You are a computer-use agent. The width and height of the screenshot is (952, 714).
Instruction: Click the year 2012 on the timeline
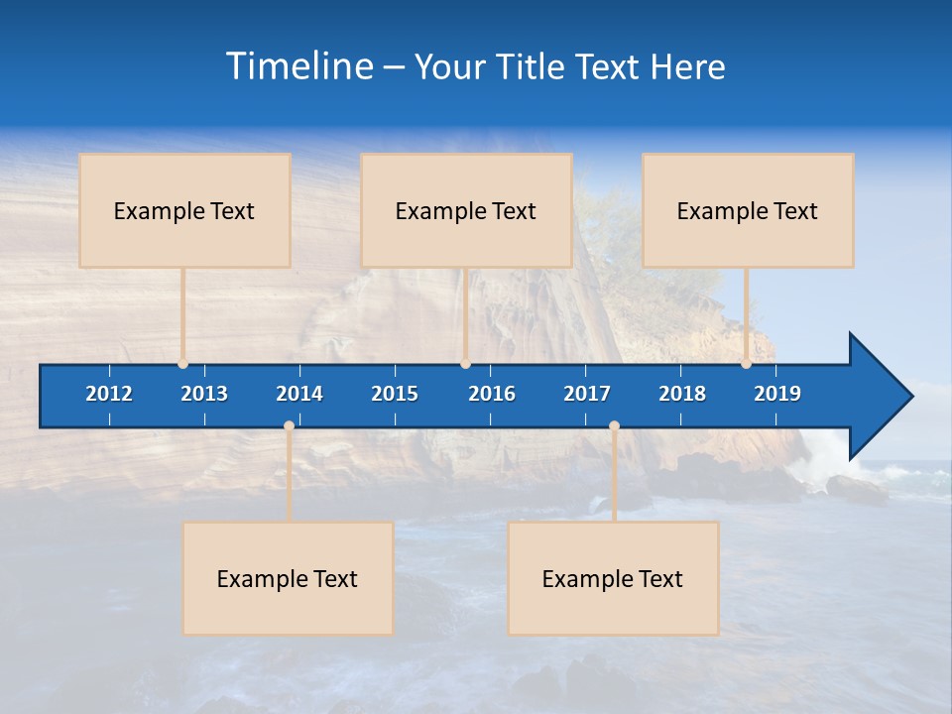tap(109, 394)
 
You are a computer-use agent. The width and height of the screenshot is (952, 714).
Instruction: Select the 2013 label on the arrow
tap(204, 394)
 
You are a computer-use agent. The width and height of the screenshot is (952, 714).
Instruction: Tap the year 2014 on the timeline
tap(299, 394)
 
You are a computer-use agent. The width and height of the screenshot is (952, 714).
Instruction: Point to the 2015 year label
tap(395, 394)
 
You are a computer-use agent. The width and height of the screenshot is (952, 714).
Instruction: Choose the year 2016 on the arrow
tap(492, 394)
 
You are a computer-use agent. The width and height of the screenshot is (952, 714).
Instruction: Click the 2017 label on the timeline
tap(587, 394)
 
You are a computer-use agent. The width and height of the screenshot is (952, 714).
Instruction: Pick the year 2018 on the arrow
tap(682, 394)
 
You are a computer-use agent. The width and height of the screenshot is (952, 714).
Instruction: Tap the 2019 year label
tap(777, 394)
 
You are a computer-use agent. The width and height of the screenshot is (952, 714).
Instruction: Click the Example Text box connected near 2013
tap(184, 210)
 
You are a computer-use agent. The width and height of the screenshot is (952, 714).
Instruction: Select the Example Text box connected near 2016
tap(466, 210)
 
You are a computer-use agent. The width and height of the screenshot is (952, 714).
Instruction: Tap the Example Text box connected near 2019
tap(748, 210)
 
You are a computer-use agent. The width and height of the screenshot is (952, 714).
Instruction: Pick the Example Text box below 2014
tap(288, 578)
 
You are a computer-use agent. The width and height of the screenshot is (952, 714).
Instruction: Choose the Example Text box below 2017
tap(613, 578)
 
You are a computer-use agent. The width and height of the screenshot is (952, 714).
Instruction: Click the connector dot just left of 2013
tap(182, 364)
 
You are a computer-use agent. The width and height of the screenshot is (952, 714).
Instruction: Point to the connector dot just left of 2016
tap(465, 364)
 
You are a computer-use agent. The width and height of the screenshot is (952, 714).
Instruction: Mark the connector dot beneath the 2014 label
tap(289, 425)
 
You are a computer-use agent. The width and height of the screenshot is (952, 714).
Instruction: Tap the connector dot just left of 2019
tap(746, 364)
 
